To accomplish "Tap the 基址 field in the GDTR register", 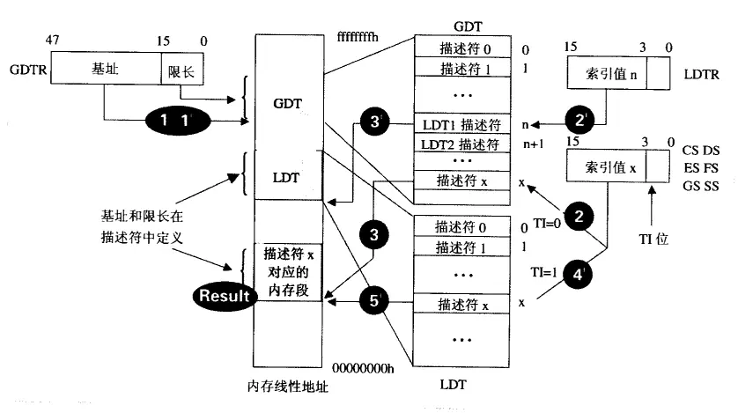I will (x=106, y=68).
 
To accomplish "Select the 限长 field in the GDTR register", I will (x=177, y=68).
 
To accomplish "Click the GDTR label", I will (x=23, y=68).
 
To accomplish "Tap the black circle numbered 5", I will (x=373, y=300).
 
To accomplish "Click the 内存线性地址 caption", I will (x=288, y=387).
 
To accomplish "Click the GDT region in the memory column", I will (x=288, y=103).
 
